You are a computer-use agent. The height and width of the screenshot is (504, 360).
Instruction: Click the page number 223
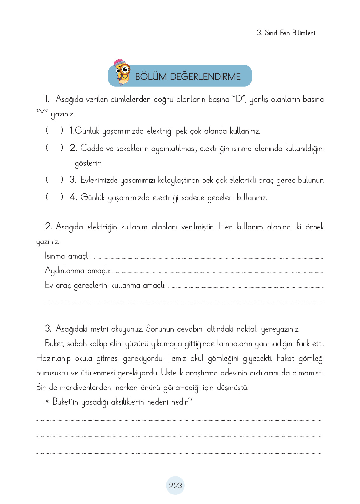coord(175,486)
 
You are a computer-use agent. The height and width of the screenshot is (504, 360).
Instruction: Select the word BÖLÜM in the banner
coord(150,76)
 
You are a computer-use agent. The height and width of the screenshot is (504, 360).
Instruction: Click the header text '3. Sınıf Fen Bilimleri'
coord(286,33)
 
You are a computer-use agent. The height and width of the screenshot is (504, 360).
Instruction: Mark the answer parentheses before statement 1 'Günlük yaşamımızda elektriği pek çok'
coord(54,130)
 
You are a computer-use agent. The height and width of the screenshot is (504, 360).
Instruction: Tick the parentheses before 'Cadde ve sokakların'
coord(54,148)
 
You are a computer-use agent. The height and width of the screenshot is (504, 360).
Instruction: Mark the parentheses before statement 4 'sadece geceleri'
coord(54,197)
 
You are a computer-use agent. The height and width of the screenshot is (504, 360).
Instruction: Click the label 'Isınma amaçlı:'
coord(68,256)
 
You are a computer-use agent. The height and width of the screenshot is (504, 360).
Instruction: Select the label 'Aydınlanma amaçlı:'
coord(77,271)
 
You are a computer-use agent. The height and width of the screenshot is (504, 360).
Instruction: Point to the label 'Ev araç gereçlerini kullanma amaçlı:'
coord(105,285)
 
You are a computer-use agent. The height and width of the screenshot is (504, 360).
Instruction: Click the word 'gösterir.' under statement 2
coord(88,163)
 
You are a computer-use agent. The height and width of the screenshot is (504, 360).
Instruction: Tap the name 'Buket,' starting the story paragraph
coord(55,344)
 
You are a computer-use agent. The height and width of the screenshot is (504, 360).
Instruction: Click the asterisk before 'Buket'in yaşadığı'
coord(47,402)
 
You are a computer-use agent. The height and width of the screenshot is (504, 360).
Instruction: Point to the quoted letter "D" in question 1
coord(239,99)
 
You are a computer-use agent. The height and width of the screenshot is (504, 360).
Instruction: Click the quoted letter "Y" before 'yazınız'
coord(42,113)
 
